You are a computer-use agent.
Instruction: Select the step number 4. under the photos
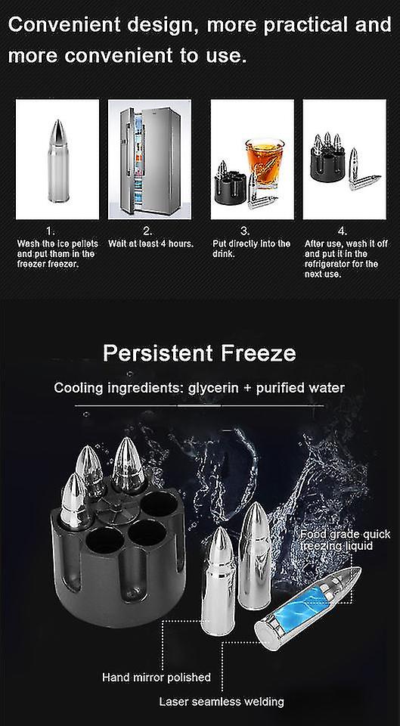(x=342, y=230)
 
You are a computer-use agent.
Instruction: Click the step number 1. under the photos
(x=50, y=230)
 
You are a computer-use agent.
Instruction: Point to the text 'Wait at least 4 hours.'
(x=151, y=244)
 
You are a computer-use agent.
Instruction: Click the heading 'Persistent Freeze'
(x=200, y=354)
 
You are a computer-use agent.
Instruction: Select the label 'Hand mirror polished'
(x=157, y=678)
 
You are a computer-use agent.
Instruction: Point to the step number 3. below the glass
(x=243, y=230)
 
